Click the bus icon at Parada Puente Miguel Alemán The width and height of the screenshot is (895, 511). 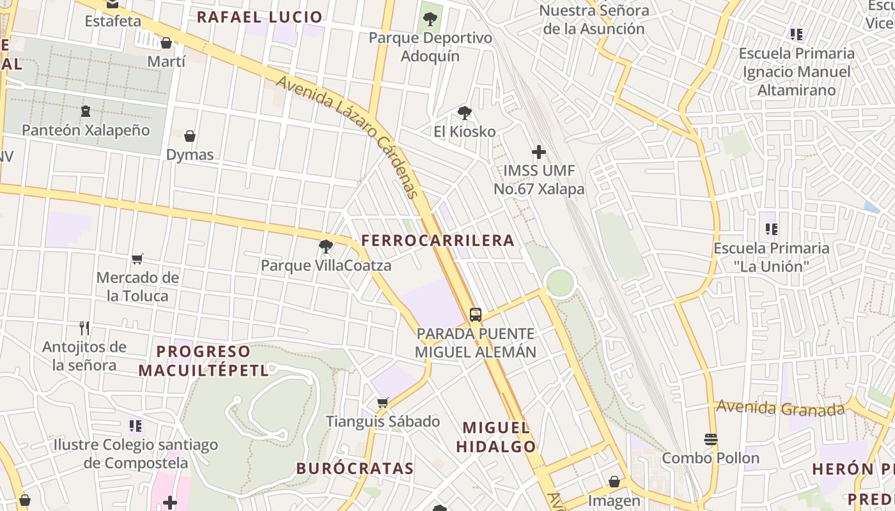click(475, 314)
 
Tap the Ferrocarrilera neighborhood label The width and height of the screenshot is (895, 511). click(437, 240)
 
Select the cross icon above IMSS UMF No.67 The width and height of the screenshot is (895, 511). click(539, 152)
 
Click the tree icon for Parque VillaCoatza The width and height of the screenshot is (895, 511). click(325, 246)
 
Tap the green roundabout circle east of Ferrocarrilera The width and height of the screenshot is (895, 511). click(560, 282)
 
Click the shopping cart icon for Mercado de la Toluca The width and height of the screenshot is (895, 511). click(137, 259)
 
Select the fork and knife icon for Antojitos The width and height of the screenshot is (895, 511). click(84, 328)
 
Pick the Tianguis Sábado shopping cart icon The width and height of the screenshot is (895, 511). click(382, 402)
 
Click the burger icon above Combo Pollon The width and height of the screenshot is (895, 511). click(710, 439)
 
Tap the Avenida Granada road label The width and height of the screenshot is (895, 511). click(780, 408)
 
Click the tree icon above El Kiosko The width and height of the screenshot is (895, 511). click(465, 113)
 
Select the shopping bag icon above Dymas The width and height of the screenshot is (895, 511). click(190, 136)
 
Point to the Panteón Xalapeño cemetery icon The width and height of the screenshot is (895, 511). click(85, 111)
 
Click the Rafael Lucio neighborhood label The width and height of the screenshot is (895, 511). click(259, 17)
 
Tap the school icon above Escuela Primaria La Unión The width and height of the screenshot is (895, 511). click(771, 229)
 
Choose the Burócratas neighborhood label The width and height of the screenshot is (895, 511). click(355, 468)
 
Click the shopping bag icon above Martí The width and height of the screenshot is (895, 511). click(166, 43)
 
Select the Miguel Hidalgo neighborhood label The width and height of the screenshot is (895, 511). click(495, 437)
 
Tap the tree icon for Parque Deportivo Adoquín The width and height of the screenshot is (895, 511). click(430, 19)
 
